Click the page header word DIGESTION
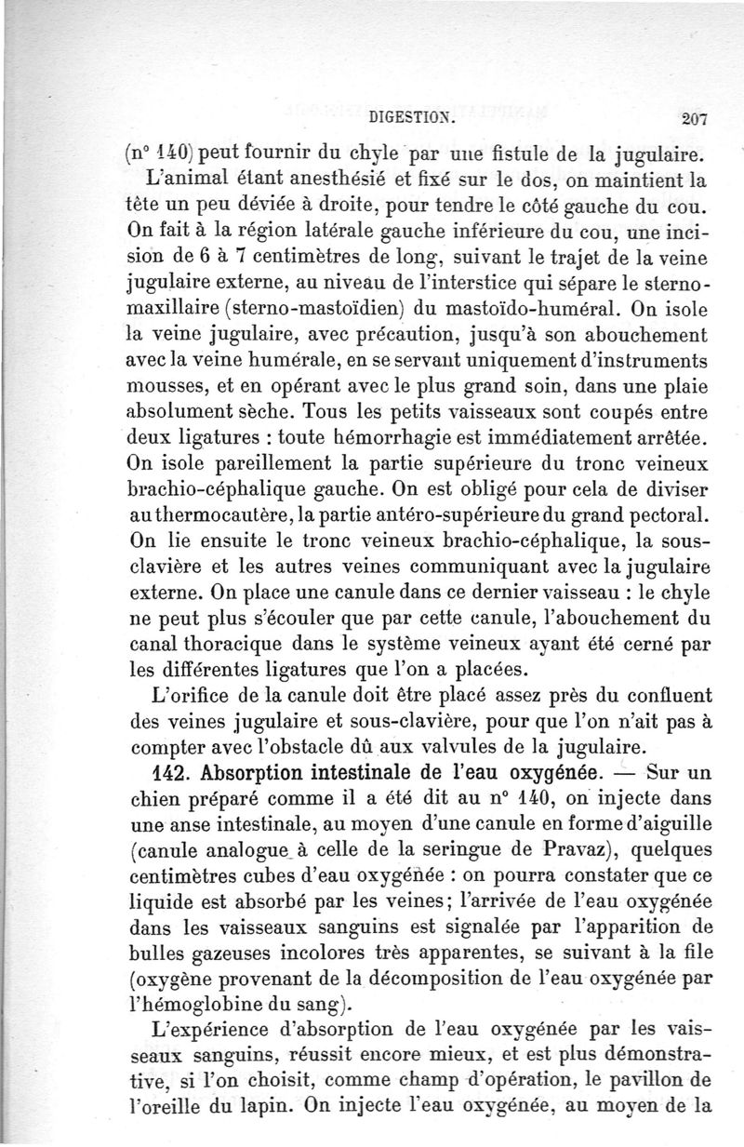[412, 118]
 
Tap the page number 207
[694, 118]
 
